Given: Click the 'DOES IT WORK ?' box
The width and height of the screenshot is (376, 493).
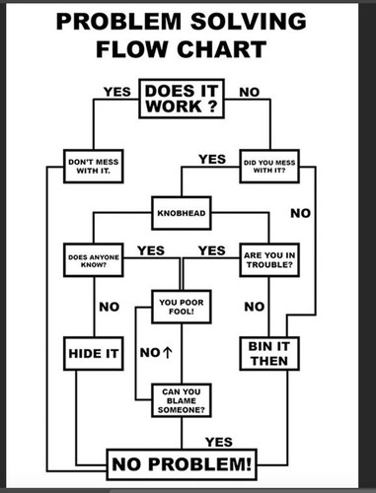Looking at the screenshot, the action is (x=182, y=99).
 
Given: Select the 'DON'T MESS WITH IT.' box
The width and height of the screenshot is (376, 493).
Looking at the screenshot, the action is (x=94, y=167).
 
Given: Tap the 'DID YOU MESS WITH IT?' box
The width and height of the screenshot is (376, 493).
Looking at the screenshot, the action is (x=269, y=167).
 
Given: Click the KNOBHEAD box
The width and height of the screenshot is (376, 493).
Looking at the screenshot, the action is (x=182, y=213).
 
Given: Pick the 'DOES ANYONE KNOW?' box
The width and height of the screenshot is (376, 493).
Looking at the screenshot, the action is (x=94, y=260).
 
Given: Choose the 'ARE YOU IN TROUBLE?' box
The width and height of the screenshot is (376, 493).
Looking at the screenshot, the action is (x=269, y=260).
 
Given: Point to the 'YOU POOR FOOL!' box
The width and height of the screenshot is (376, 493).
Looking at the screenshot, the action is (x=182, y=307).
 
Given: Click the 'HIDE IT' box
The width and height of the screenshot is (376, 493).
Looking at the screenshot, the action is (x=94, y=354).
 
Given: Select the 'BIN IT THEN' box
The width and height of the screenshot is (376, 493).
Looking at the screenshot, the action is (x=269, y=354).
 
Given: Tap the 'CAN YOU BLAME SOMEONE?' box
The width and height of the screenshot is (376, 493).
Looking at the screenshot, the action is (x=182, y=400).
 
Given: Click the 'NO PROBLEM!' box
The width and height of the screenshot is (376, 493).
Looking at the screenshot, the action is (x=182, y=464).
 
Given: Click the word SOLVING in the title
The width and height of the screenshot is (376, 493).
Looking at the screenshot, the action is (x=249, y=22).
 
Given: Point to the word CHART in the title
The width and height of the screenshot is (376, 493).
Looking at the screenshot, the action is (x=221, y=49).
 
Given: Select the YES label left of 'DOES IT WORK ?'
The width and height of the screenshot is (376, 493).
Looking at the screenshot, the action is (x=117, y=92).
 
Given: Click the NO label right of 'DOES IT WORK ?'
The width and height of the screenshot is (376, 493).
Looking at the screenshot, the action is (x=250, y=93).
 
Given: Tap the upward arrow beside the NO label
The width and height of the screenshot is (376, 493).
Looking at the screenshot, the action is (x=167, y=353).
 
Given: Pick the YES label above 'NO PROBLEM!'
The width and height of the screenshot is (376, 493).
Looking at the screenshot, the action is (x=219, y=442).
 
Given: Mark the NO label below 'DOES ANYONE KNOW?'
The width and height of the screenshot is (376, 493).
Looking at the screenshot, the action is (x=110, y=307).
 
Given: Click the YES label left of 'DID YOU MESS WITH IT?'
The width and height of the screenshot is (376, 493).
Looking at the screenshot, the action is (x=212, y=160).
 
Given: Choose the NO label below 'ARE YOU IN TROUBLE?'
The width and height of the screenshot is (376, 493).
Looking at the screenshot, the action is (x=255, y=307).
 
